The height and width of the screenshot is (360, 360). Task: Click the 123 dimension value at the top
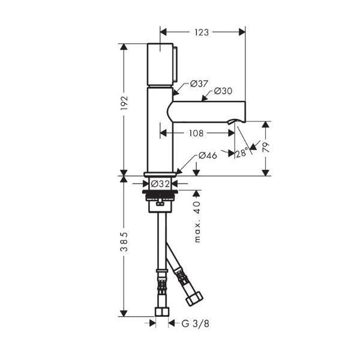[x=202, y=32]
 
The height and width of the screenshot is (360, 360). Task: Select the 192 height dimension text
[x=124, y=103]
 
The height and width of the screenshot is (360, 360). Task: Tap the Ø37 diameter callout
[x=199, y=84]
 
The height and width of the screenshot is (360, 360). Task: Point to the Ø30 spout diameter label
[x=223, y=91]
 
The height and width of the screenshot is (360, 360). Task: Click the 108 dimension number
[x=196, y=133]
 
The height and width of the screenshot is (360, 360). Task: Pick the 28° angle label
[x=242, y=152]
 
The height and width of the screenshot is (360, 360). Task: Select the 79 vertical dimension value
[x=265, y=147]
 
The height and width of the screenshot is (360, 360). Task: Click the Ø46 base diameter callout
[x=208, y=155]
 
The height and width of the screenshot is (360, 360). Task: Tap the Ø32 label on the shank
[x=160, y=184]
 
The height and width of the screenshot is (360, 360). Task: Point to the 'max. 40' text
[x=197, y=222]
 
